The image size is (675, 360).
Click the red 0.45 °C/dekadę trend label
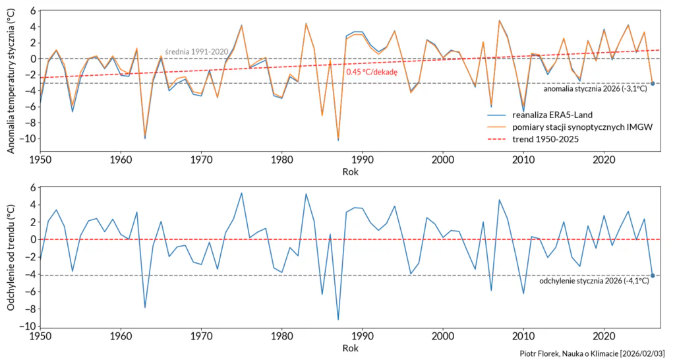click(x=372, y=73)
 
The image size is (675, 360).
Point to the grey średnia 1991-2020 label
click(x=196, y=53)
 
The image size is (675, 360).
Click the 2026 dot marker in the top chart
click(x=653, y=83)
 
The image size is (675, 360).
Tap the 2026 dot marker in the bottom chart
click(x=653, y=275)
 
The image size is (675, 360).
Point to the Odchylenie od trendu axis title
click(x=11, y=258)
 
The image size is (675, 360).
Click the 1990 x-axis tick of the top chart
click(x=363, y=160)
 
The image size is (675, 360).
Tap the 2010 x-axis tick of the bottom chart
click(x=523, y=335)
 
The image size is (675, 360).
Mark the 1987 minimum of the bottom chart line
click(x=338, y=320)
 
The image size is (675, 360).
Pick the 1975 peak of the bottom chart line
click(x=241, y=193)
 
